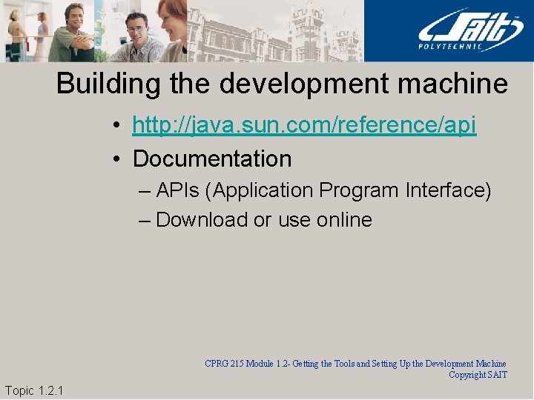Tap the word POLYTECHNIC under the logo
[x=461, y=48]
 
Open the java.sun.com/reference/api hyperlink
[x=304, y=125]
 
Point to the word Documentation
[x=212, y=159]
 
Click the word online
[x=344, y=220]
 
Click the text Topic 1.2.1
[x=33, y=390]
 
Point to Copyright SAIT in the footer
[x=478, y=375]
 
